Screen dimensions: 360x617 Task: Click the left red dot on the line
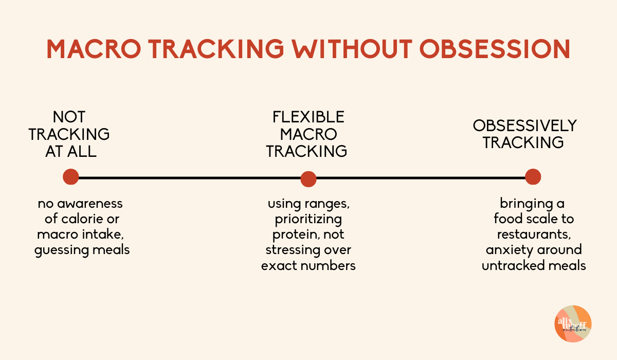pyautogui.click(x=71, y=177)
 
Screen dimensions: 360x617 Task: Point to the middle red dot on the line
pyautogui.click(x=308, y=178)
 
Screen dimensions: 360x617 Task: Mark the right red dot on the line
pyautogui.click(x=533, y=177)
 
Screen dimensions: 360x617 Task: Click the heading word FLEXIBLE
pyautogui.click(x=308, y=117)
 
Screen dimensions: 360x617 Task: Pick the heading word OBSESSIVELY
pyautogui.click(x=525, y=126)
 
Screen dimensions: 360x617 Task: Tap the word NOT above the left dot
pyautogui.click(x=69, y=117)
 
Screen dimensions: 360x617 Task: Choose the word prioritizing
pyautogui.click(x=308, y=220)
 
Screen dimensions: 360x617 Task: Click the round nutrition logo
pyautogui.click(x=573, y=323)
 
